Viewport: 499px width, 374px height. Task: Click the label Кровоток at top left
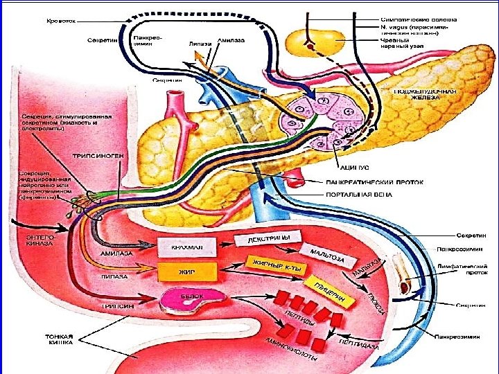(61, 21)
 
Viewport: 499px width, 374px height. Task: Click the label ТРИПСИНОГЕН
(97, 156)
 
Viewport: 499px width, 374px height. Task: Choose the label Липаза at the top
(200, 43)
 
